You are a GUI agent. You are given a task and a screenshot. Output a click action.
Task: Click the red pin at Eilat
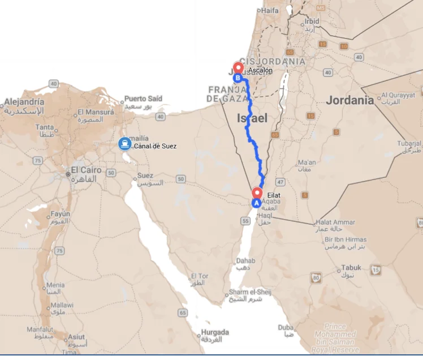[x=257, y=192]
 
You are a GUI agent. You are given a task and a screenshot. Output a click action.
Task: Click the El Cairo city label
[x=86, y=170]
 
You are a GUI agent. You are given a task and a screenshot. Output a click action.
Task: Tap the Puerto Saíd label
[x=144, y=98]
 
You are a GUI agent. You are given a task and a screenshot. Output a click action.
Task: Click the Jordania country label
[x=349, y=100]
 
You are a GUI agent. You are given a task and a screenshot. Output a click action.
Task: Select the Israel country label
[x=252, y=118]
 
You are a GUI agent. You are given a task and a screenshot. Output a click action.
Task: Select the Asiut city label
[x=76, y=337]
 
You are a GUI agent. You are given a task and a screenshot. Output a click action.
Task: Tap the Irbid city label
[x=312, y=22]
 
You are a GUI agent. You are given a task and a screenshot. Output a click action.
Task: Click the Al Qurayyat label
[x=398, y=95]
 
